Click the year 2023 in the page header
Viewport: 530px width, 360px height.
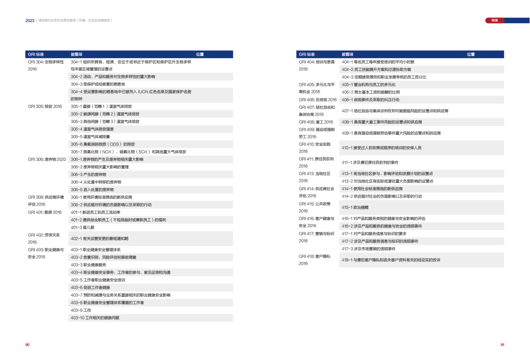30,20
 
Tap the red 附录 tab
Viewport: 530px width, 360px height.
494,20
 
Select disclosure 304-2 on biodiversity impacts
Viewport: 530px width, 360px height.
113,77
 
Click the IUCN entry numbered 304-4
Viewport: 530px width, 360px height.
131,92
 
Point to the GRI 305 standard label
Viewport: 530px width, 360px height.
44,107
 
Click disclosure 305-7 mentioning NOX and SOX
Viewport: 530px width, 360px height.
128,152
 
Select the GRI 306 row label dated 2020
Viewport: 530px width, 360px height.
47,159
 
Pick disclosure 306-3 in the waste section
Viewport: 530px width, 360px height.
88,174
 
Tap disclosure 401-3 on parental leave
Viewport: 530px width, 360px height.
82,227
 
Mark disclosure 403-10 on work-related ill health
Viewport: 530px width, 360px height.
95,318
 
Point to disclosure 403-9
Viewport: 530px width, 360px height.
81,310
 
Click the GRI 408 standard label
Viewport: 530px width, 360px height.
316,122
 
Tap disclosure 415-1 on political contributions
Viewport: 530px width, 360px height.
352,207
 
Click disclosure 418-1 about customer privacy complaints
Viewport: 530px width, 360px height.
391,260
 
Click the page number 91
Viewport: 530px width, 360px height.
502,344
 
